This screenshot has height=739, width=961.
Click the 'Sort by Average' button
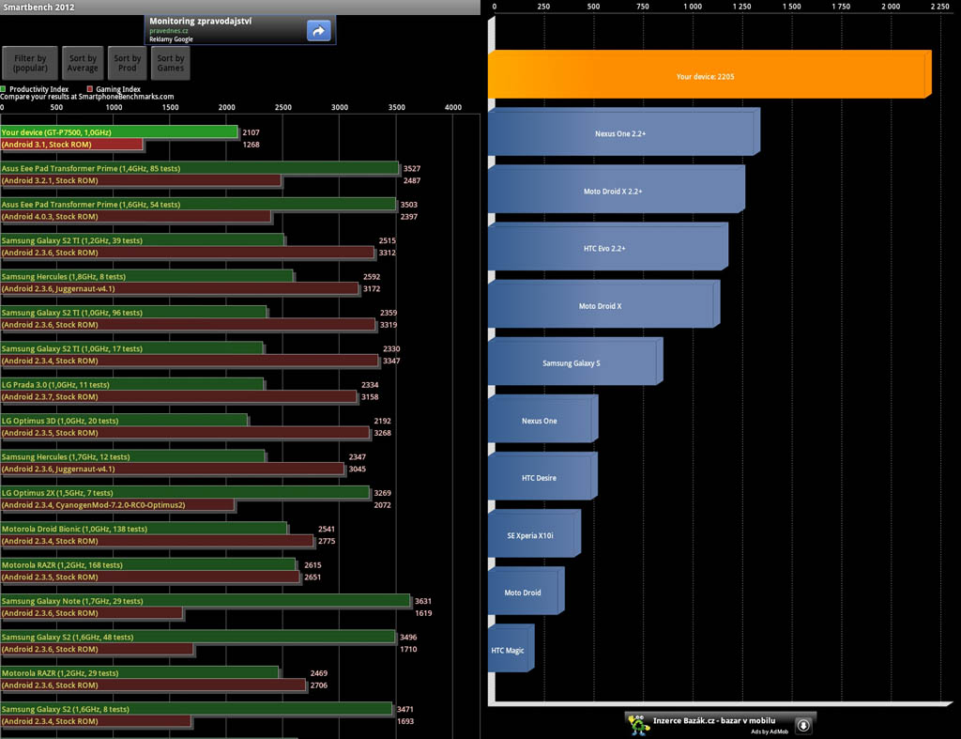point(83,63)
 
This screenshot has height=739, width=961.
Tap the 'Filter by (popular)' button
point(30,63)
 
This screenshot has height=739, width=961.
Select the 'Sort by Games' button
point(171,63)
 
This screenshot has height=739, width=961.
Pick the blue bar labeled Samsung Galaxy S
point(572,362)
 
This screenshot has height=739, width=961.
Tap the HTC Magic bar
point(509,650)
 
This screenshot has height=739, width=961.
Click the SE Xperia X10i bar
point(531,535)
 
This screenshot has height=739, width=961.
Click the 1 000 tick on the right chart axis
point(693,7)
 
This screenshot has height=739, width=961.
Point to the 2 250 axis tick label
point(939,7)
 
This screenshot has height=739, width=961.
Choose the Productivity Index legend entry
point(38,89)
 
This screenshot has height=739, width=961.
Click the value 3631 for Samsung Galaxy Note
point(422,601)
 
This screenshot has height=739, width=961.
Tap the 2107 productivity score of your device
point(251,133)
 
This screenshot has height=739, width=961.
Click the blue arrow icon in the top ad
point(318,31)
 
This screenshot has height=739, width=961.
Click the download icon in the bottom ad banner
point(803,725)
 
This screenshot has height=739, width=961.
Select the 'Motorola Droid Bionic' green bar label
point(74,529)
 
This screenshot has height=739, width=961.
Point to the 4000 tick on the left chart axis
point(453,108)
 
